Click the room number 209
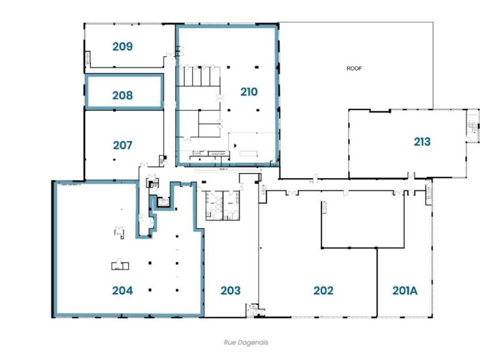[122, 46]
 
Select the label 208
[122, 96]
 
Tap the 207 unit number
[122, 145]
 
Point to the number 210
[249, 92]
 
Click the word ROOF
[354, 68]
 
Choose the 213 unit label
[422, 142]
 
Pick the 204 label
[122, 291]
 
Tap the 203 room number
[231, 291]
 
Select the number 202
[323, 291]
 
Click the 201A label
[405, 291]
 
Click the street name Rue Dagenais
[246, 343]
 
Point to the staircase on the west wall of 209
[87, 59]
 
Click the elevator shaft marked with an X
[163, 202]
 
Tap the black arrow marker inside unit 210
[236, 145]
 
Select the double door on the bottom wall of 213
[411, 176]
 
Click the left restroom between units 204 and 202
[216, 205]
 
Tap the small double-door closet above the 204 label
[120, 265]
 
